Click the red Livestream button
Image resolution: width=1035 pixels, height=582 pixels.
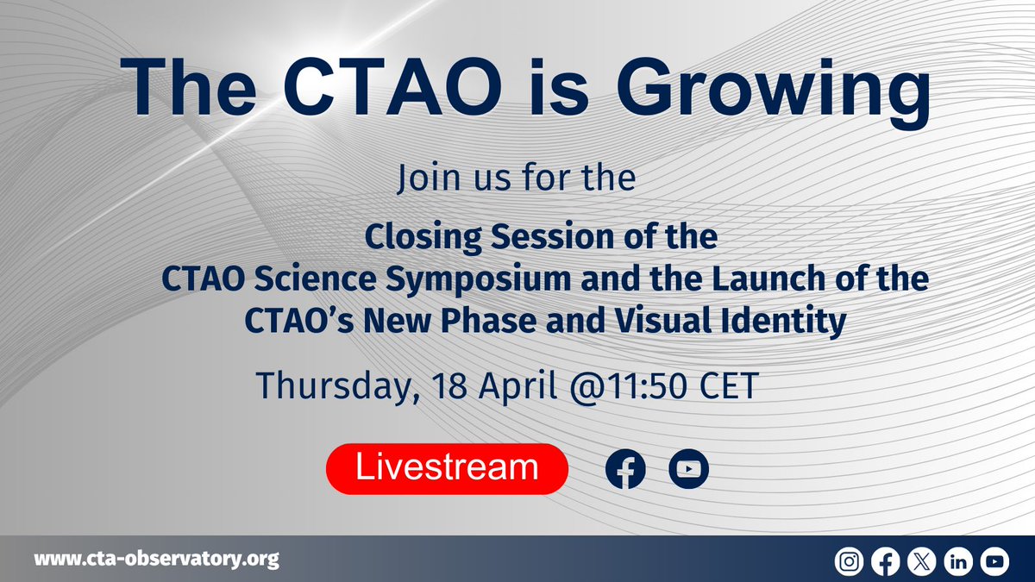pyautogui.click(x=447, y=469)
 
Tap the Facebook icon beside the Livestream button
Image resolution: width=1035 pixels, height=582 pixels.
pyautogui.click(x=625, y=469)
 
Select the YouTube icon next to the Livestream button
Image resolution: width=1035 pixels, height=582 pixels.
pyautogui.click(x=688, y=469)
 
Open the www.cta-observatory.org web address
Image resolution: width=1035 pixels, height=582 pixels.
pyautogui.click(x=156, y=560)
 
